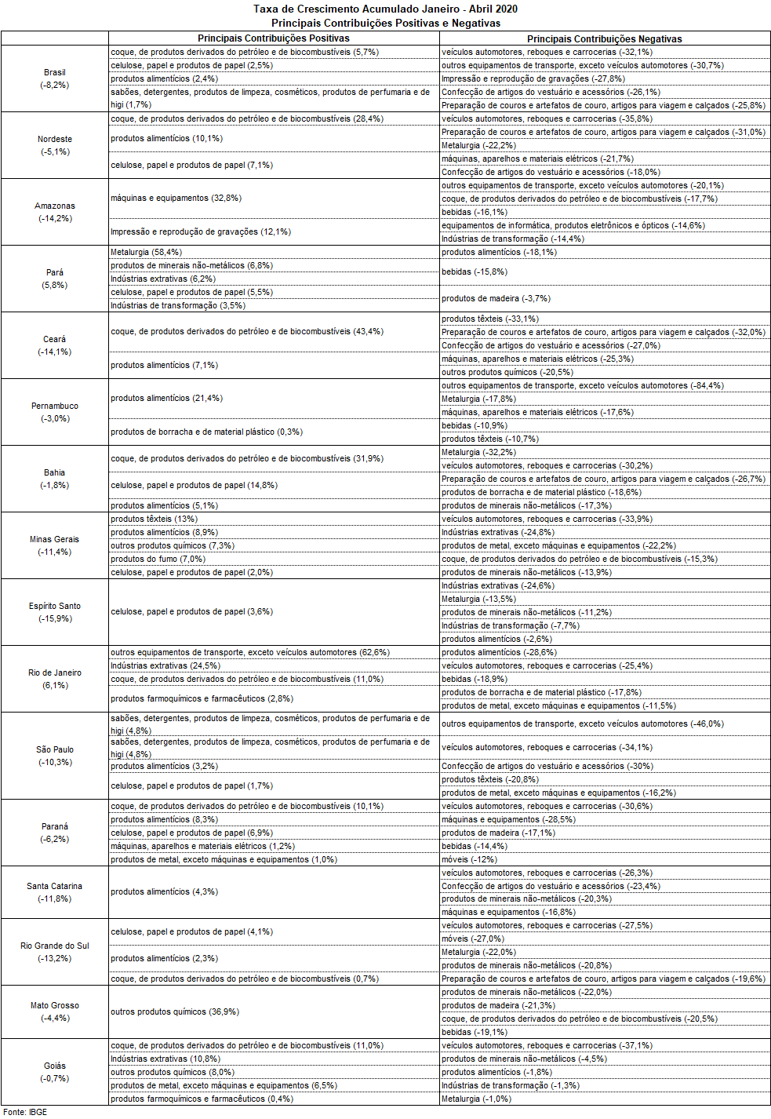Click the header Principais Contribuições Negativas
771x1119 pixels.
tap(604, 38)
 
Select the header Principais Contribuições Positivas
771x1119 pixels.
tap(273, 38)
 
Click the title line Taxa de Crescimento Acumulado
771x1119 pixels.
tap(385, 9)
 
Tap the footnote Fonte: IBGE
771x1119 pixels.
tap(25, 1112)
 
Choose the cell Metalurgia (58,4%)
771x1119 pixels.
tap(147, 253)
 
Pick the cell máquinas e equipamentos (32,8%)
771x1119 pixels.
tap(176, 199)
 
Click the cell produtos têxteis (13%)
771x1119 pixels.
tap(155, 519)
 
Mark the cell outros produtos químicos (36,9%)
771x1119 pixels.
tap(175, 1012)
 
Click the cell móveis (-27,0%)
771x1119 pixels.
tap(473, 939)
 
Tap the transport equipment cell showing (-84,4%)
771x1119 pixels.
tap(583, 386)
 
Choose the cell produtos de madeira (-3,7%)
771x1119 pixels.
tap(496, 299)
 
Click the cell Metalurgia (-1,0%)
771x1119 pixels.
tap(476, 1099)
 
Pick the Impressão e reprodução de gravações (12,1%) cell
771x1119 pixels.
tap(201, 232)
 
